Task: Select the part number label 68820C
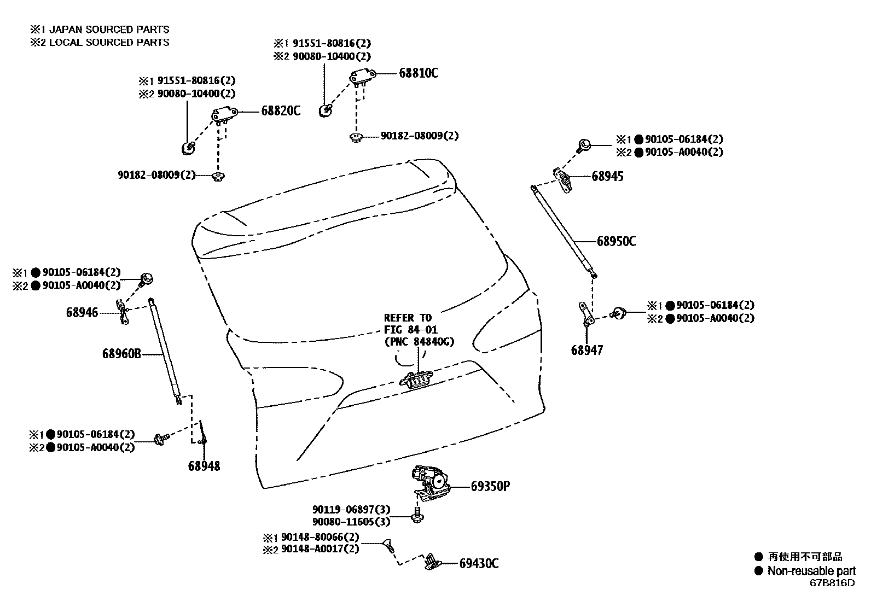(x=281, y=111)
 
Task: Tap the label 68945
(x=607, y=177)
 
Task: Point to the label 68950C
(x=616, y=241)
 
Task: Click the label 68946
(x=82, y=313)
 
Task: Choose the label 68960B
(x=121, y=354)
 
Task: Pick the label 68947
(x=587, y=350)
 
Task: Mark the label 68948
(x=204, y=466)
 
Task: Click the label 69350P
(x=490, y=486)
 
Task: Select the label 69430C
(x=479, y=563)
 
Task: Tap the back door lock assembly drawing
(x=431, y=482)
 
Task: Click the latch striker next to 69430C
(x=433, y=561)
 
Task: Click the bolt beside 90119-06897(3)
(x=417, y=515)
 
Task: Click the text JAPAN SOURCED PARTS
(x=109, y=30)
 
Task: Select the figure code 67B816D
(x=832, y=583)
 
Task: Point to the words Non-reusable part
(x=811, y=571)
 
